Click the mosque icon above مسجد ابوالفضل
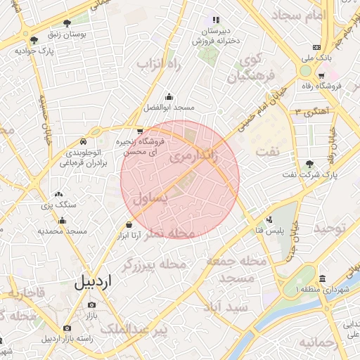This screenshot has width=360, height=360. [169, 97]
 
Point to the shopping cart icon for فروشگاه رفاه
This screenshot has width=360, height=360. [321, 76]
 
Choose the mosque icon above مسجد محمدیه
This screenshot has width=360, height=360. [63, 221]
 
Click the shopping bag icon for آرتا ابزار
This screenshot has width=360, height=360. [128, 224]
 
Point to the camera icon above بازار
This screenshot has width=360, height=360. [91, 305]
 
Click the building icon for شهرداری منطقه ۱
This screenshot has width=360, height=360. [321, 279]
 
